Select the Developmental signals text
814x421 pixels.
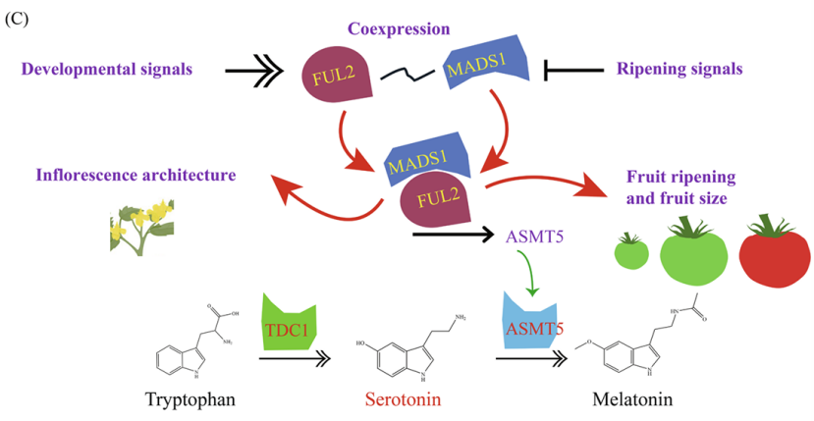tap(107, 70)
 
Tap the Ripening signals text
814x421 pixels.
tap(679, 70)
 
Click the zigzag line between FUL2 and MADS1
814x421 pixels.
tap(407, 73)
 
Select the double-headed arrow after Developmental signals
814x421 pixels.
tap(258, 71)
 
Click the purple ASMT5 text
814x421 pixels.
tap(535, 236)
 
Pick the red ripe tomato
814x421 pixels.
tap(772, 253)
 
